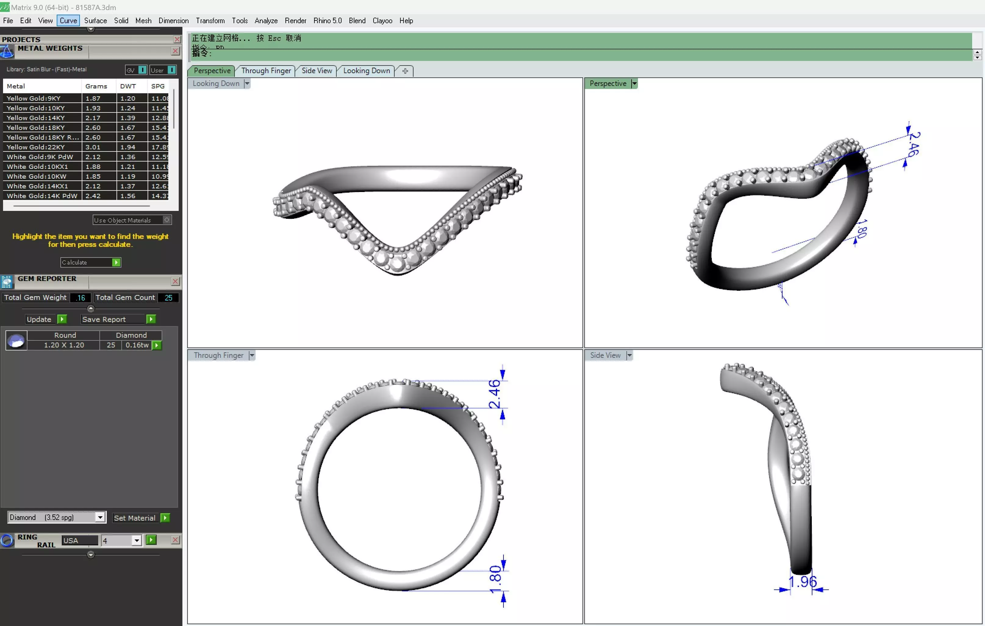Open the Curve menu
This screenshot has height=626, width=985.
coord(68,20)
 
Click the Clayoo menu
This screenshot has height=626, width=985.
coord(382,20)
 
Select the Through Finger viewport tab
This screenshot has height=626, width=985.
coord(266,71)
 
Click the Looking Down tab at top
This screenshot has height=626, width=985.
coord(366,71)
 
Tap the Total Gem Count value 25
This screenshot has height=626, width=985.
coord(168,298)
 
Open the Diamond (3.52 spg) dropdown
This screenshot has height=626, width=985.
coord(100,517)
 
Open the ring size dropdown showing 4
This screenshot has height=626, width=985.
coord(136,541)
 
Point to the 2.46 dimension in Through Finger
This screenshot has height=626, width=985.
coord(494,394)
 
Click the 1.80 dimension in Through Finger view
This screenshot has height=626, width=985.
coord(495,579)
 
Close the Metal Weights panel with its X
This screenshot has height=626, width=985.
coord(175,51)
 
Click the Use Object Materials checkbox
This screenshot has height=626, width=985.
coord(167,220)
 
